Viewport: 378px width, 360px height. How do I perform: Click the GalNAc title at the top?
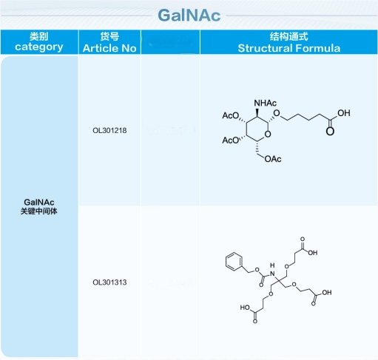point(189,16)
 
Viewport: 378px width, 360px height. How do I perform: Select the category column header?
point(39,42)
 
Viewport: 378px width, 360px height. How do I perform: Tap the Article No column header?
point(109,42)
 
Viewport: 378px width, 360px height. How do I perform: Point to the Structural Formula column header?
point(289,42)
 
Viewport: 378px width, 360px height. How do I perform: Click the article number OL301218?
point(109,130)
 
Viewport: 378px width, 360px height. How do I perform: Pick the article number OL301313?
point(109,282)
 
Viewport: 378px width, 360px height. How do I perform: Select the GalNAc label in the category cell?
point(39,202)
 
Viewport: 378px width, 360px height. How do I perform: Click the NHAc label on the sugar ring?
point(266,103)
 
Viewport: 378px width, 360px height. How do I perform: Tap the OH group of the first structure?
point(344,113)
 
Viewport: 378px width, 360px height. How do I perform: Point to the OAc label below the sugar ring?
point(273,159)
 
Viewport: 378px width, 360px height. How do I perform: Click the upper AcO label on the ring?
point(231,115)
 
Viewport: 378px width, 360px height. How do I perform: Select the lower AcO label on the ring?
point(231,140)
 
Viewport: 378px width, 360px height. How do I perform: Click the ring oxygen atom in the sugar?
point(268,135)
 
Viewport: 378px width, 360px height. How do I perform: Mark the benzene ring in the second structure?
point(234,262)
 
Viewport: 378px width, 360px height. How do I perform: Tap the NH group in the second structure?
point(272,270)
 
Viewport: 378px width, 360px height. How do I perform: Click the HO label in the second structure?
point(245,308)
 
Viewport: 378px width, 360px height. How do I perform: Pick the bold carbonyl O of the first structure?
point(330,131)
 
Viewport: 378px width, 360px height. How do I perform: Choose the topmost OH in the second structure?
point(313,253)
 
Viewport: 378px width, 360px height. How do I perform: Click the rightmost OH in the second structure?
point(327,293)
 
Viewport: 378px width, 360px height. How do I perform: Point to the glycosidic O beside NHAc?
point(277,113)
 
